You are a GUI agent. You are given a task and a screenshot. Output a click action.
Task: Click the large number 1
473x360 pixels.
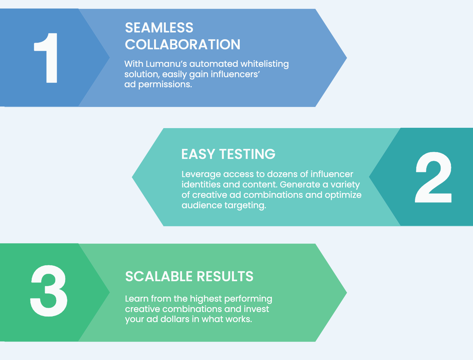46,58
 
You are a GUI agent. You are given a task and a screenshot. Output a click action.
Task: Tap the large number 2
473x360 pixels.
433,177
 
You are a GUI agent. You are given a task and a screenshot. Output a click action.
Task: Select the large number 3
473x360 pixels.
49,291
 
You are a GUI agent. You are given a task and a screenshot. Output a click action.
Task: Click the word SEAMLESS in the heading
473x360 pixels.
159,28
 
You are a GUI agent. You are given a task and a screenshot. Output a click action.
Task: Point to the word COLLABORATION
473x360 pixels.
183,45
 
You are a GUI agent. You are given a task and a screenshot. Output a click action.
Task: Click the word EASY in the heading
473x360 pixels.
198,154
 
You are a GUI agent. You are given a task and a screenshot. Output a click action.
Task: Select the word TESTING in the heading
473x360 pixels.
247,154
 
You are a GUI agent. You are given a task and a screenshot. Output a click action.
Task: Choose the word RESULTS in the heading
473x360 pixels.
225,276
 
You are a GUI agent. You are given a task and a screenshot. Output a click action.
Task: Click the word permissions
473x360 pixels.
165,85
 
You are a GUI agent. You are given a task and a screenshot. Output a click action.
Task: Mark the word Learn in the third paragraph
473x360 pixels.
137,299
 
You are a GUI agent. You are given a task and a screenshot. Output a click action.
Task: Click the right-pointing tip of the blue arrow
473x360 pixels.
347,58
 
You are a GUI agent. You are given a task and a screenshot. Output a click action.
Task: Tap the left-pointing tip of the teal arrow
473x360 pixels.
132,177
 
